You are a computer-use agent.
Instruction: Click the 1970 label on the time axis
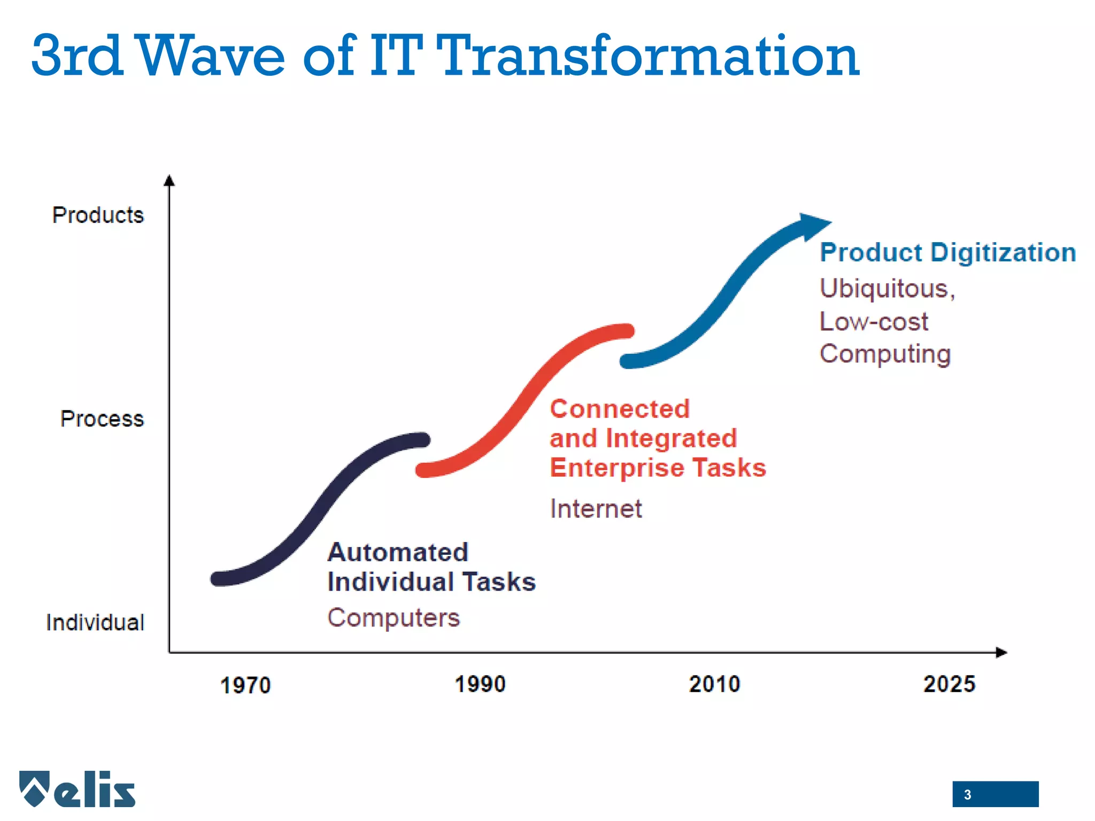(x=245, y=685)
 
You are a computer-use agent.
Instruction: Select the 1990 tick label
(x=480, y=684)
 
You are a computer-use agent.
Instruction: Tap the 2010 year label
(x=714, y=684)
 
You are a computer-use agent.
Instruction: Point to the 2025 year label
(x=949, y=684)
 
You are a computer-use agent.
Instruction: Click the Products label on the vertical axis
(x=98, y=215)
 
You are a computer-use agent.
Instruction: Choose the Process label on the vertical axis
(x=102, y=419)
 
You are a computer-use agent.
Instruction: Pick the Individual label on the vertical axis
(x=95, y=623)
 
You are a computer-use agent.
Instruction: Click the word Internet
(x=596, y=508)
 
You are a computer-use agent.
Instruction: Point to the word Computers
(x=394, y=618)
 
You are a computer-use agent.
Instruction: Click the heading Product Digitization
(x=947, y=252)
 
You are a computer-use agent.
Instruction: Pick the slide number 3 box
(x=994, y=794)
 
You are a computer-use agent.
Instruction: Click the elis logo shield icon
(x=34, y=788)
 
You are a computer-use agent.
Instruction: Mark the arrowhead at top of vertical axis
(x=169, y=181)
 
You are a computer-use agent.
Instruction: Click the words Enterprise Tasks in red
(x=658, y=468)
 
